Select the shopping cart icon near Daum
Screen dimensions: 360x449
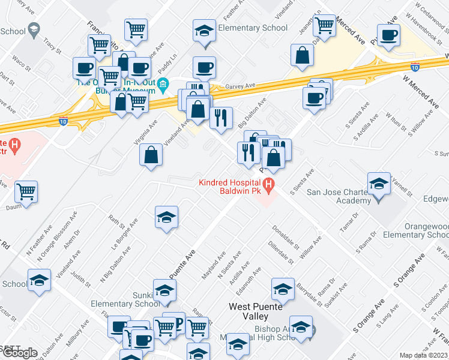26,192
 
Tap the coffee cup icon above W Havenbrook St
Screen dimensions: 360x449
388,35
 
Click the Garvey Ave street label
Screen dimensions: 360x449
236,86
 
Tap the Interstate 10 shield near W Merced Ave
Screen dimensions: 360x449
415,67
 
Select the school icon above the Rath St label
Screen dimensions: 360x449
166,216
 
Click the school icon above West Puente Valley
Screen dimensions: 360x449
283,289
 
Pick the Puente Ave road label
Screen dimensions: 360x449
182,264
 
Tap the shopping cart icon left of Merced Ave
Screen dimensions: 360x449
324,26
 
